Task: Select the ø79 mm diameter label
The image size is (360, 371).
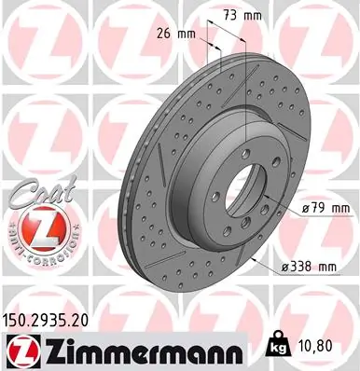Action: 322,208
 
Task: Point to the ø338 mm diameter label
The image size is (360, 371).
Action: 309,267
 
